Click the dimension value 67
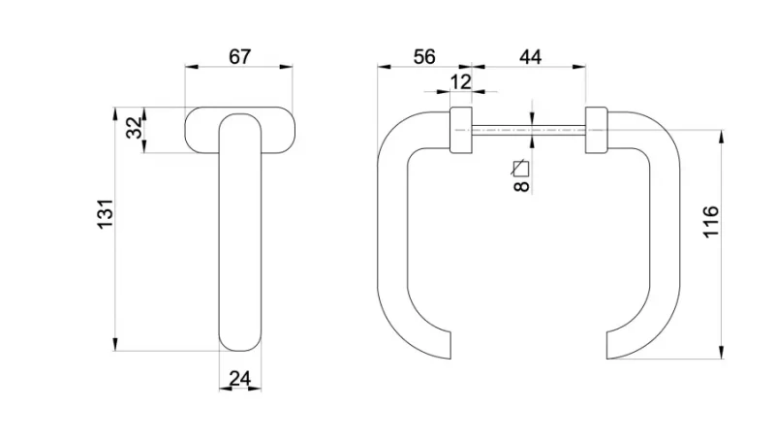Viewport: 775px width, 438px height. pyautogui.click(x=239, y=57)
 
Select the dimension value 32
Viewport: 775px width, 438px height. pyautogui.click(x=134, y=128)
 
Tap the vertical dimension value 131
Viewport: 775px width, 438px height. pyautogui.click(x=106, y=213)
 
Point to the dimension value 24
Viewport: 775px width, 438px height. pyautogui.click(x=240, y=379)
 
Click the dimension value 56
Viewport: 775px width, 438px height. pyautogui.click(x=424, y=57)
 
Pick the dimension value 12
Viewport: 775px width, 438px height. pyautogui.click(x=461, y=81)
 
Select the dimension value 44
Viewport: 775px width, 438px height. pyautogui.click(x=530, y=57)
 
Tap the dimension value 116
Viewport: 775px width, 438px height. pyautogui.click(x=711, y=222)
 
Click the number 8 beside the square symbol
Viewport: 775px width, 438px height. pyautogui.click(x=521, y=186)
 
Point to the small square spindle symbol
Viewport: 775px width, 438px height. pyautogui.click(x=520, y=169)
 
